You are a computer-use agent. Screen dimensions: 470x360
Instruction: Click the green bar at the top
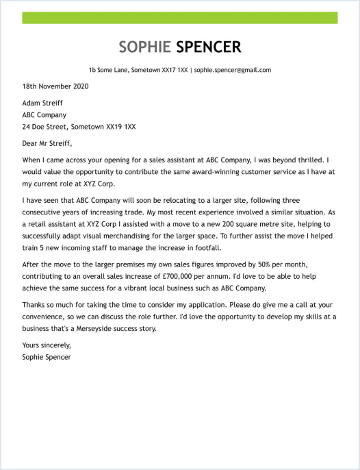180,18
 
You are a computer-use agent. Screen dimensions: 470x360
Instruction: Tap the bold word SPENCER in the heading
209,47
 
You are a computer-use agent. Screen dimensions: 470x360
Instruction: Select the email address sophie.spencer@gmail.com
233,70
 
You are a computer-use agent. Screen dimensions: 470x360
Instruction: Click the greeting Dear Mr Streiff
47,144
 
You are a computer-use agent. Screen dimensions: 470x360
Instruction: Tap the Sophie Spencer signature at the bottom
47,357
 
